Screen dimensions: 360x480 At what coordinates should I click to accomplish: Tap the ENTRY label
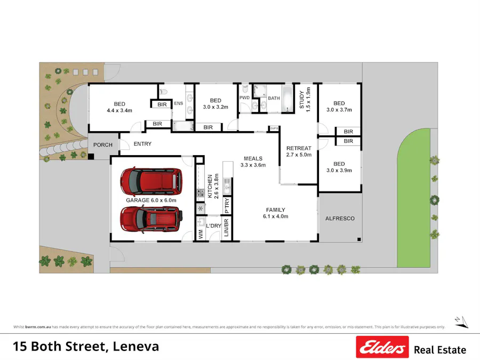click(142, 144)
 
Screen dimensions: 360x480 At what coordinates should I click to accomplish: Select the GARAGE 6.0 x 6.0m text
click(151, 200)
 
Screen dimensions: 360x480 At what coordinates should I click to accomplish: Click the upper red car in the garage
click(151, 181)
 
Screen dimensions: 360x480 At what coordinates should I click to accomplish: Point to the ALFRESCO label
click(340, 219)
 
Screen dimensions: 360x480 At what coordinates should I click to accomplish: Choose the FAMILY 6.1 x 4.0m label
click(275, 213)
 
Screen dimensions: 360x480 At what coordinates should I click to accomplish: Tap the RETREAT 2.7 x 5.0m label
click(299, 151)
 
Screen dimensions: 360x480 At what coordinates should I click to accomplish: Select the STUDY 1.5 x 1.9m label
click(305, 100)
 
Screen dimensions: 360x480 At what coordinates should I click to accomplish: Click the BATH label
click(274, 98)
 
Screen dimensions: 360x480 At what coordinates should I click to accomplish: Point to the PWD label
click(244, 98)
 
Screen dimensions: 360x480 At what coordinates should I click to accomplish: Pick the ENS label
click(179, 103)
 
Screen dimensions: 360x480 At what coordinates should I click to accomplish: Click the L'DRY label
click(213, 226)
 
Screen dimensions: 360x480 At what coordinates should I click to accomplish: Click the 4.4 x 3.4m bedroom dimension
click(119, 111)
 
